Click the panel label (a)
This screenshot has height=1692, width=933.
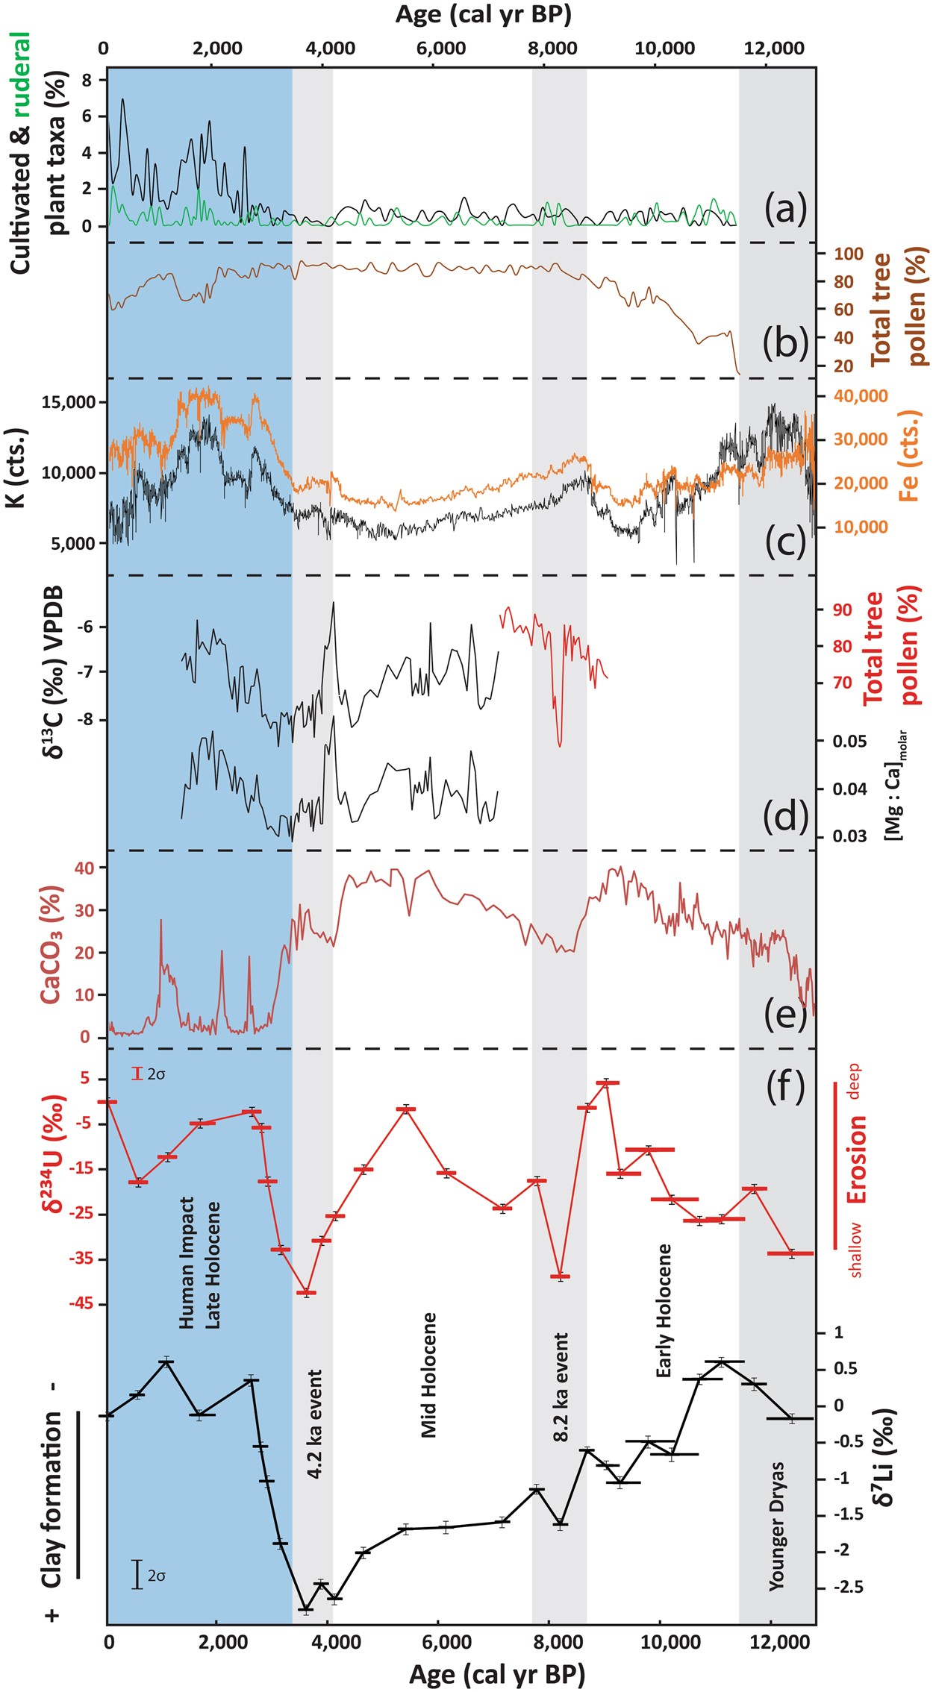(786, 210)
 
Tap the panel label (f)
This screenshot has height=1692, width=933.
(786, 1088)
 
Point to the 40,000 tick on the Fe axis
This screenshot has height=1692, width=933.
(861, 396)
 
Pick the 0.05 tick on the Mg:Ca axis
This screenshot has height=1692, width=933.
(850, 741)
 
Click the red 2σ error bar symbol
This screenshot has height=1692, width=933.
(136, 1074)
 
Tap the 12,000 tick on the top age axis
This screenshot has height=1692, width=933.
(769, 48)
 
